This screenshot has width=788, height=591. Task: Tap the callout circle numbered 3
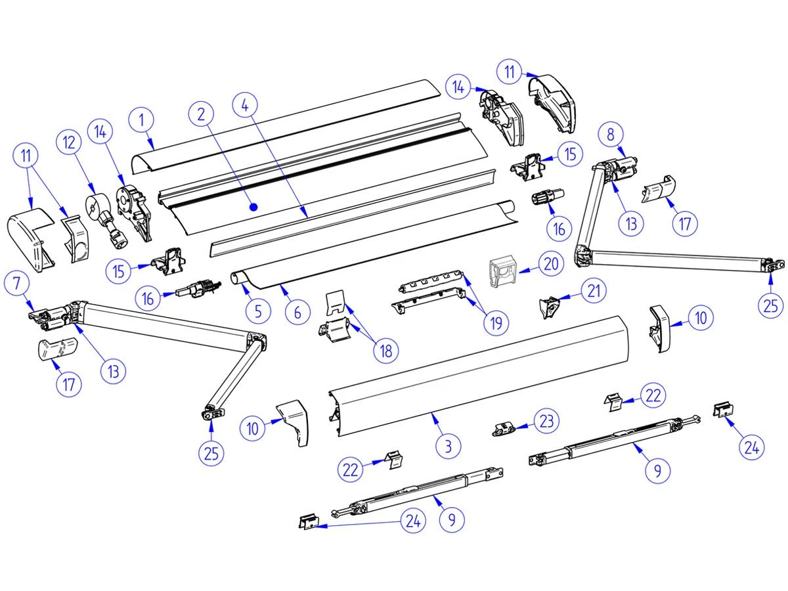coord(448,447)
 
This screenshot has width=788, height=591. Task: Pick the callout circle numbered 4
coord(245,104)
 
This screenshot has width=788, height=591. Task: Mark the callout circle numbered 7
coord(16,284)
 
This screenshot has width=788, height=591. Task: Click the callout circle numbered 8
coord(611,135)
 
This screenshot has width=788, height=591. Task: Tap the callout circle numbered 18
coord(385,350)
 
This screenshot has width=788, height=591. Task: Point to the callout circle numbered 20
coord(550,263)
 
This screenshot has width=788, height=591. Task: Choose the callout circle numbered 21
coord(594,290)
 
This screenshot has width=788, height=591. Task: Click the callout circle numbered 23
coord(547,421)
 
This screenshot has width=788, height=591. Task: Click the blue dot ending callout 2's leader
coord(254,207)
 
